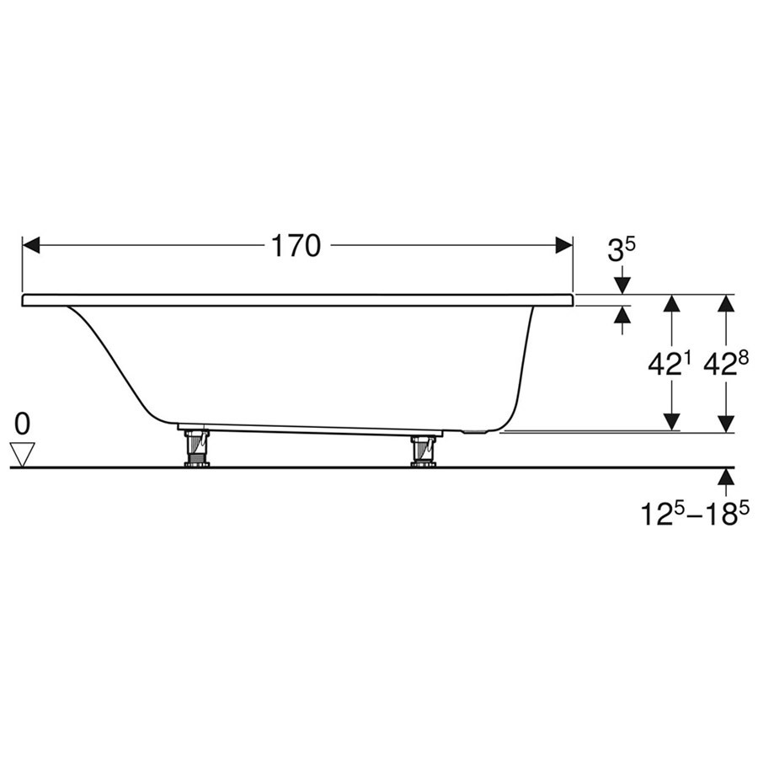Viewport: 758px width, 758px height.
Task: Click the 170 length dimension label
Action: [x=296, y=246]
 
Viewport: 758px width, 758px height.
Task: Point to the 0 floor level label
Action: [x=22, y=424]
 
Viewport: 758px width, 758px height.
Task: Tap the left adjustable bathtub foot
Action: [x=197, y=448]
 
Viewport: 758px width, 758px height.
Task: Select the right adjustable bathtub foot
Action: [x=424, y=451]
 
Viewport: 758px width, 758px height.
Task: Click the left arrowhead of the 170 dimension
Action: [x=31, y=245]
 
